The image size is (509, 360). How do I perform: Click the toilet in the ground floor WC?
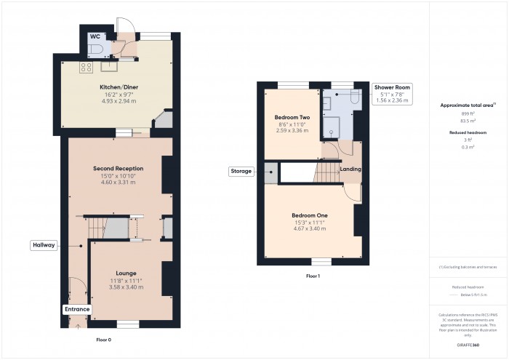coord(98,49)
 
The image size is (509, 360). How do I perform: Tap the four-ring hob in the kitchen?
coord(86,67)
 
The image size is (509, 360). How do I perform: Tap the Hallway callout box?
coord(44,246)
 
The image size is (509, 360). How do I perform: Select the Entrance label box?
coord(77,309)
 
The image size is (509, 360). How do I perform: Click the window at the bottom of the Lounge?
coord(128,324)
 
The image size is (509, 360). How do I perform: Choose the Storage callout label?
coord(241,172)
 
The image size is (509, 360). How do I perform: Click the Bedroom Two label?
coord(292,117)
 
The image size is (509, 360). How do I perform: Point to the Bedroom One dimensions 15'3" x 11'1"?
coord(309,223)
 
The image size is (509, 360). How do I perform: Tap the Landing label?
coord(351,169)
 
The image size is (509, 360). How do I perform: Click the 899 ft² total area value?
coord(467,114)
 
